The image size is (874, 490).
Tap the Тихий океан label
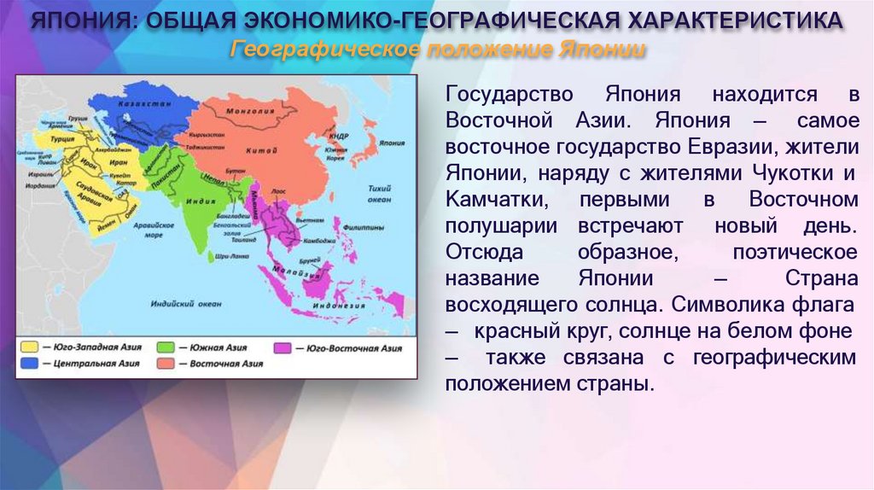pyautogui.click(x=379, y=193)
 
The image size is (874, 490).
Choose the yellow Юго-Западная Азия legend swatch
pyautogui.click(x=29, y=348)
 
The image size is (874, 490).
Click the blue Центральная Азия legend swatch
pyautogui.click(x=29, y=363)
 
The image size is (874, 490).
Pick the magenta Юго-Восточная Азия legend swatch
pyautogui.click(x=281, y=348)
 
